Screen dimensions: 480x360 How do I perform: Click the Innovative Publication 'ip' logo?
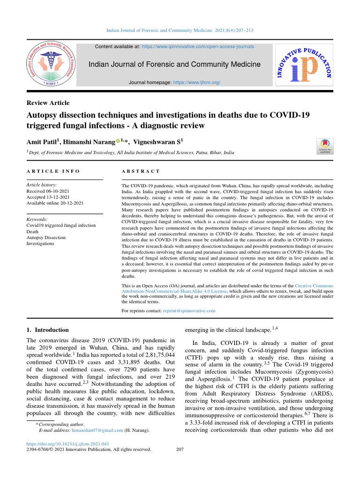303,64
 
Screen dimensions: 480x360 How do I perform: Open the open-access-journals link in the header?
198,47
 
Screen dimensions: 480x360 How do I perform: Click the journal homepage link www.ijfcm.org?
196,82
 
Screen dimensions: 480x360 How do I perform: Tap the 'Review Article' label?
48,103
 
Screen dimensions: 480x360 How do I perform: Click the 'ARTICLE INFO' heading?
53,172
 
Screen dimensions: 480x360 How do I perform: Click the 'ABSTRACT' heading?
141,172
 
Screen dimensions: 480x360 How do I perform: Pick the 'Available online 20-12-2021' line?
55,203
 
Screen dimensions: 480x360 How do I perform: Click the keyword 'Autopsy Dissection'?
46,238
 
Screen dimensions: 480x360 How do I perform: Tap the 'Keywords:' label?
37,219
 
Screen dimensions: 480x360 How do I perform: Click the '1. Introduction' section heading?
48,330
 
